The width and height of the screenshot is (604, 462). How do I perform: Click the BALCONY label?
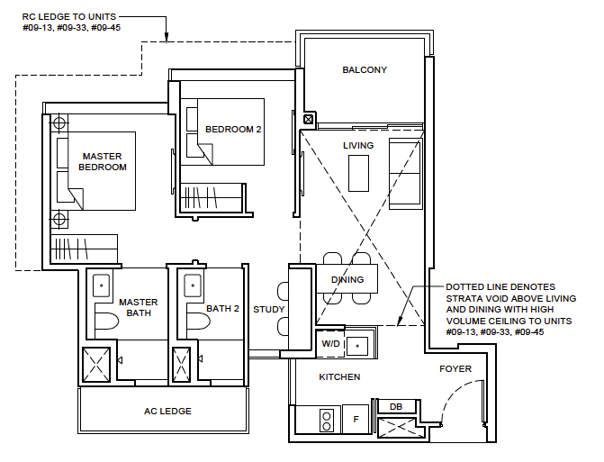pos(364,70)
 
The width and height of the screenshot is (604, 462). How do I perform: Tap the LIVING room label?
pos(358,145)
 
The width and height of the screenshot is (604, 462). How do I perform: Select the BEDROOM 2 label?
pos(233,130)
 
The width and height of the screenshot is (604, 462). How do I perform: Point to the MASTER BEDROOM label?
pos(103,161)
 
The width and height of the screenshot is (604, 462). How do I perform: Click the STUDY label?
pos(269,310)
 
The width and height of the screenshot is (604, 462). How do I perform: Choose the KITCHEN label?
pos(339,376)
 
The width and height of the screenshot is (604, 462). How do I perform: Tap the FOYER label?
pos(455,369)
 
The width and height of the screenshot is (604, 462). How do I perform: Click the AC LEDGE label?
pos(167,412)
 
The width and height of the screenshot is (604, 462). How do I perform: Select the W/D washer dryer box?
pos(330,343)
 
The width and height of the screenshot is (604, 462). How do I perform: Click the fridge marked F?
pos(356,419)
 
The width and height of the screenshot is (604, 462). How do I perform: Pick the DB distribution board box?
pos(395,407)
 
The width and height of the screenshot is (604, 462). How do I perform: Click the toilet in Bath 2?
pos(191,322)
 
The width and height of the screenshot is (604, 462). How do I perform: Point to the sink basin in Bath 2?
pos(192,284)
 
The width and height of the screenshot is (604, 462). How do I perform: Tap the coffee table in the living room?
pos(359,173)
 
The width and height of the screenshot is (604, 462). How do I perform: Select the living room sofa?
pos(405,173)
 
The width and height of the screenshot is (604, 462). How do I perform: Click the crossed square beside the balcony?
pos(309,119)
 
